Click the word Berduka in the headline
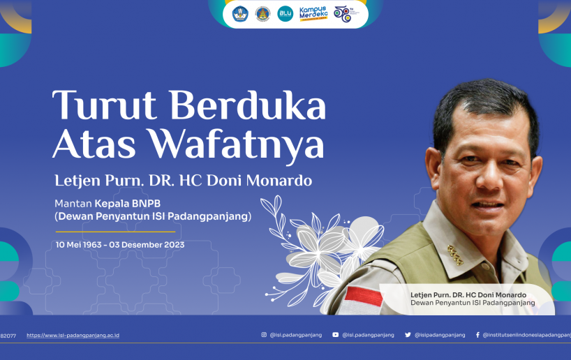pyautogui.click(x=248, y=105)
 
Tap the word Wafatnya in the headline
pyautogui.click(x=236, y=144)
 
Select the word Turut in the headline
pyautogui.click(x=105, y=105)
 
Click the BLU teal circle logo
pyautogui.click(x=285, y=13)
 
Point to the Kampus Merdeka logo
pyautogui.click(x=313, y=14)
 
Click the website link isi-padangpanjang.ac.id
pyautogui.click(x=73, y=336)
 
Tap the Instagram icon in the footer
pyautogui.click(x=264, y=334)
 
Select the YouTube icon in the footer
pyautogui.click(x=335, y=334)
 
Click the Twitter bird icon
pyautogui.click(x=408, y=334)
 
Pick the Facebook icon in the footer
pyautogui.click(x=477, y=334)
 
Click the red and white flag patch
pyautogui.click(x=363, y=296)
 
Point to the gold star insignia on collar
pyautogui.click(x=455, y=255)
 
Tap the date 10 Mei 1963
pyautogui.click(x=78, y=245)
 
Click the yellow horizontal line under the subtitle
pyautogui.click(x=115, y=232)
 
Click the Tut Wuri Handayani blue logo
pyautogui.click(x=240, y=14)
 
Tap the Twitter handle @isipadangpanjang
pyautogui.click(x=440, y=335)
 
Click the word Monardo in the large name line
pyautogui.click(x=279, y=181)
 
